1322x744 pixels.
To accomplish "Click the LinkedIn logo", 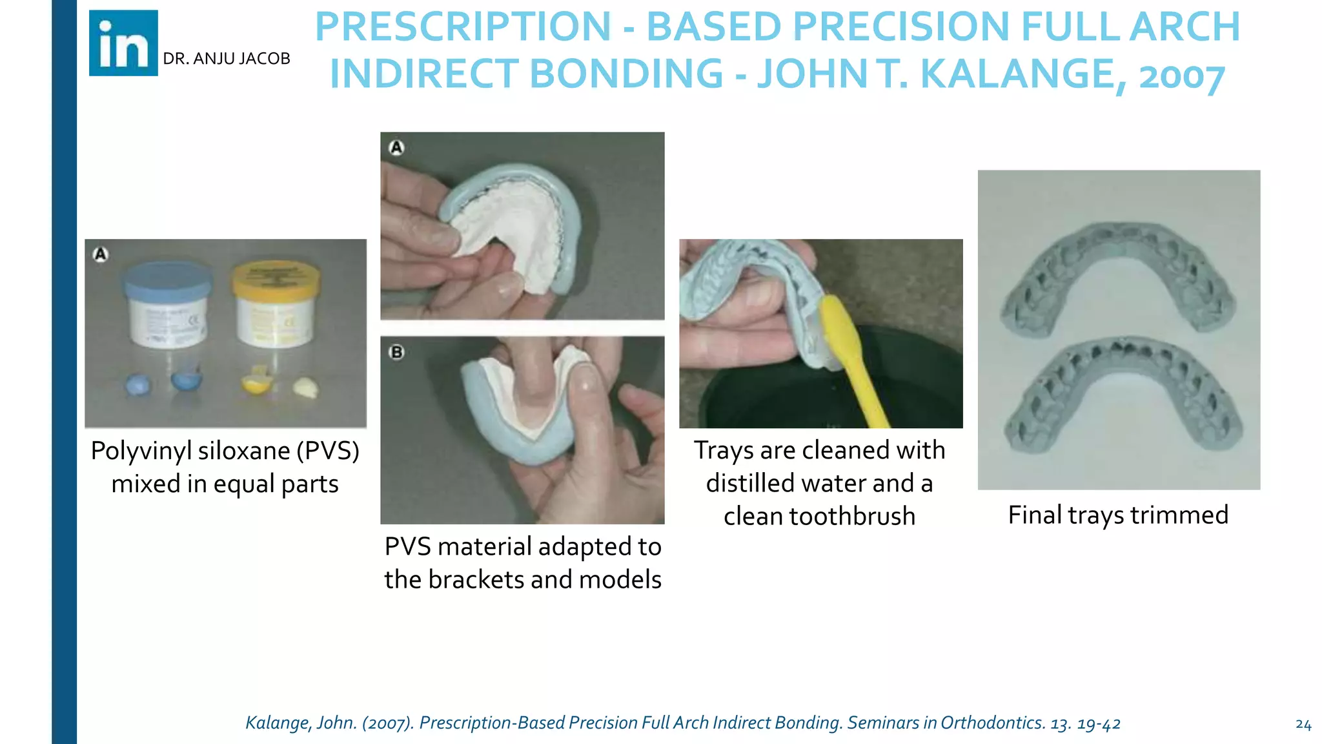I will point(123,43).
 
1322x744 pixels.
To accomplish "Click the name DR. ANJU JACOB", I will point(227,59).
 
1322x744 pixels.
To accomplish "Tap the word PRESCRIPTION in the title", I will point(463,27).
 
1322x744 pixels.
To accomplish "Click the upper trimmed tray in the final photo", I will point(1119,265).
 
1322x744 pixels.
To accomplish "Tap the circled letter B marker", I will point(397,353).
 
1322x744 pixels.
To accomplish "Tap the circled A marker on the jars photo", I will point(101,254).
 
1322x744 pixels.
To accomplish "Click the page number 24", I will point(1303,725).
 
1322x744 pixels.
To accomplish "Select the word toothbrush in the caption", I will point(852,517).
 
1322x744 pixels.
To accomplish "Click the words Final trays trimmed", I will point(1118,515).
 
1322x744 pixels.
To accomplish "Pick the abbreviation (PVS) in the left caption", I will point(328,451).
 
